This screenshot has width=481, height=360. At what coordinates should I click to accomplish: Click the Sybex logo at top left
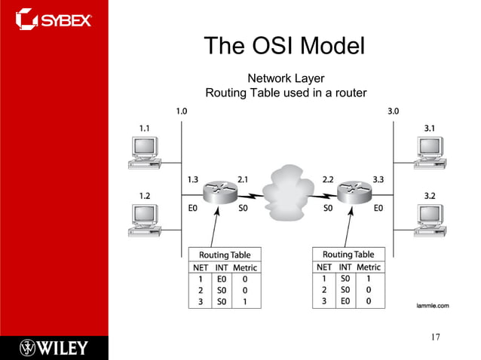coord(54,17)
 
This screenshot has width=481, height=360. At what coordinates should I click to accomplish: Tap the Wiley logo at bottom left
coord(54,347)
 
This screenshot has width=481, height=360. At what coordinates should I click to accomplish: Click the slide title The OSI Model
coord(285,47)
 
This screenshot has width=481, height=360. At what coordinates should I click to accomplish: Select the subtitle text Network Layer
coord(286,78)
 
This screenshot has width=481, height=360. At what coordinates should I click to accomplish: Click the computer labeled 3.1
coord(427,151)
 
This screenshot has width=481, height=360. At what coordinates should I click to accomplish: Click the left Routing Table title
coord(225,255)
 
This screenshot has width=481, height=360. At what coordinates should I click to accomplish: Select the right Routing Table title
coord(348,254)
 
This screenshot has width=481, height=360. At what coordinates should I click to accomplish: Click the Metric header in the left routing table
coord(245,267)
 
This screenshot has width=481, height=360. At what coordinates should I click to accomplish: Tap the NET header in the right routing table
coord(324,267)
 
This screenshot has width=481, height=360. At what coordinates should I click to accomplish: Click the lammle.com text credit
coord(432,305)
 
